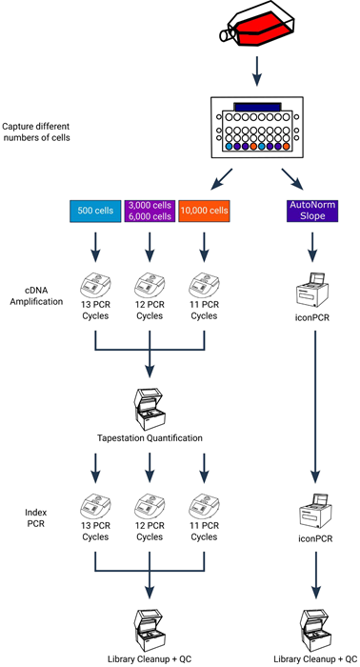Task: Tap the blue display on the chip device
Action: coord(258,107)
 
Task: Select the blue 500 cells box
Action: coord(95,211)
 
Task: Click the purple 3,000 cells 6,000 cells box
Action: coord(149,211)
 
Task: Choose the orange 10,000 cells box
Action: coord(202,211)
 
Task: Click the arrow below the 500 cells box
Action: coord(95,250)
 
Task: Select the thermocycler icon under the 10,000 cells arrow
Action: coord(202,284)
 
